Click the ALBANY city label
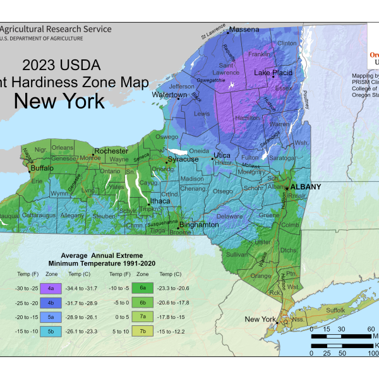[x=306, y=187]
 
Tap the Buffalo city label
[x=42, y=169]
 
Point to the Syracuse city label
[x=183, y=159]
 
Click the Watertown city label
[x=169, y=95]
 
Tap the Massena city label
[x=244, y=29]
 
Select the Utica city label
[x=222, y=155]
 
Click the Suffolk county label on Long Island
[x=335, y=310]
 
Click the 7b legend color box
[x=143, y=330]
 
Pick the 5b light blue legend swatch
[x=50, y=330]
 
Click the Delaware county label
[x=229, y=217]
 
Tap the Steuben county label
[x=104, y=216]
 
